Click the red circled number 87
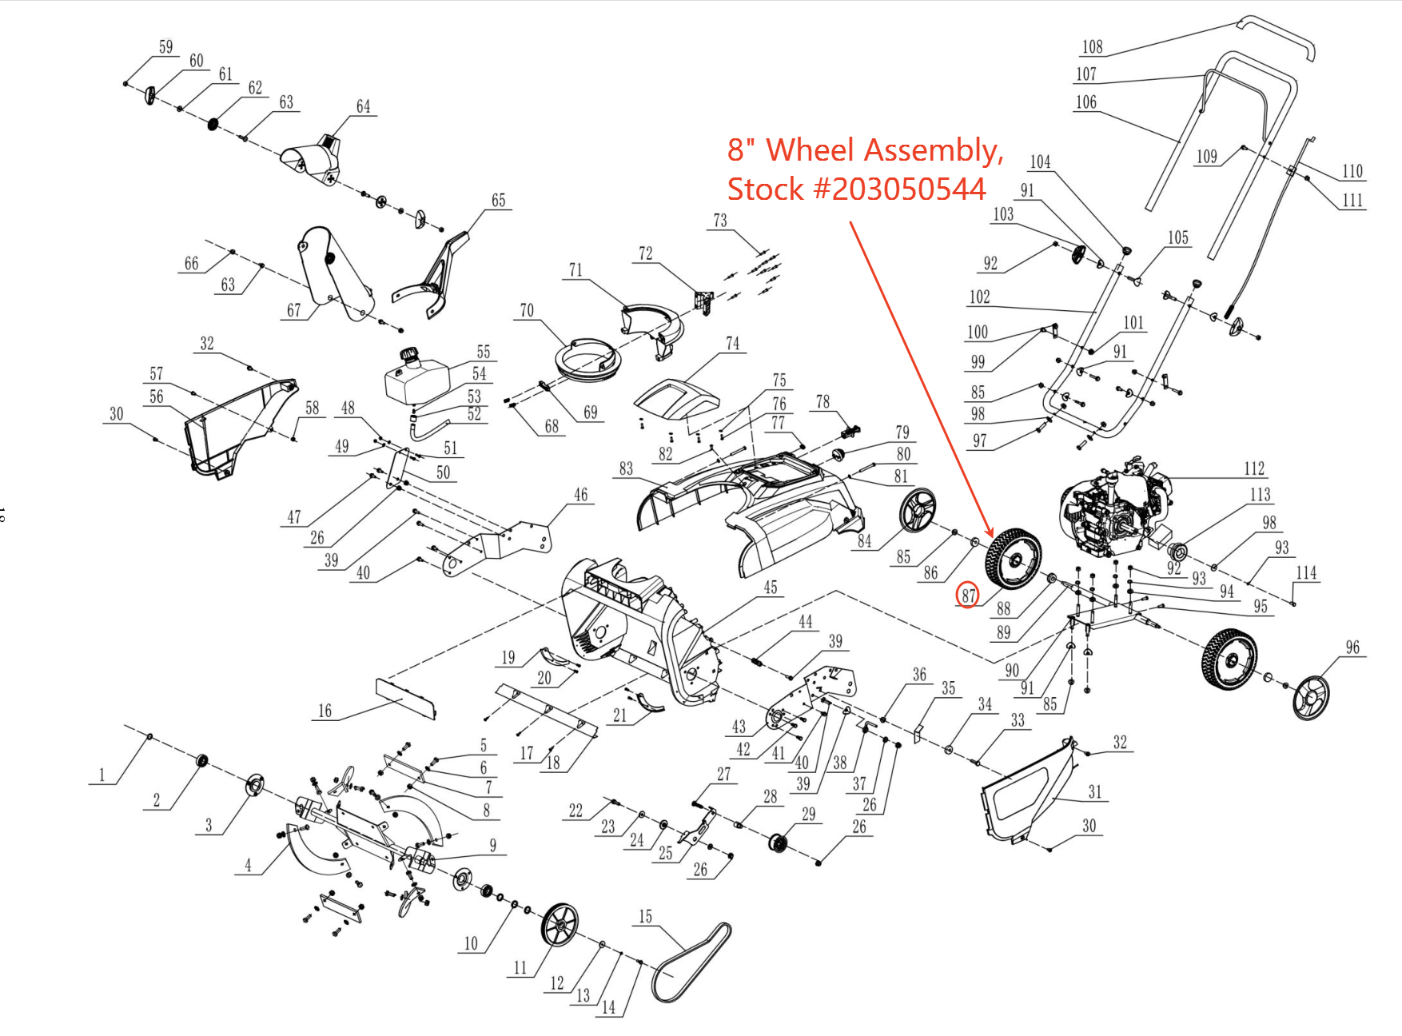[968, 595]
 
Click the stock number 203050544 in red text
[908, 189]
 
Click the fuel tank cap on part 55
[410, 354]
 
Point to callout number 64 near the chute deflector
[363, 106]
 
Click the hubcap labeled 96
[1311, 697]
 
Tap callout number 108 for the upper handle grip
[1092, 47]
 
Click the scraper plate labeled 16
[405, 698]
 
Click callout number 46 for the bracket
[580, 495]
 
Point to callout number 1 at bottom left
[102, 774]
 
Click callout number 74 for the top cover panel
[732, 344]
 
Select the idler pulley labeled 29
[777, 843]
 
